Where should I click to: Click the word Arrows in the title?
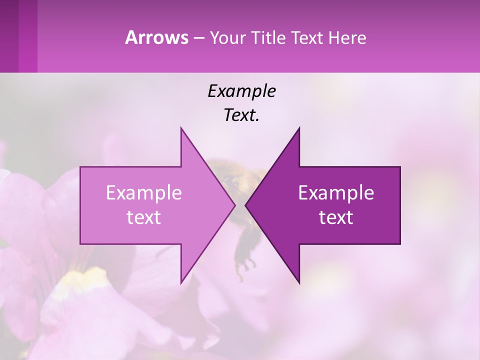coord(156,37)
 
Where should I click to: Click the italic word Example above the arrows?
coord(241,91)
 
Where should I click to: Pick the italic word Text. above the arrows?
coord(241,115)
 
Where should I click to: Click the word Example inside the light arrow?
coord(144,192)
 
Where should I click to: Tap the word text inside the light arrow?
coord(144,217)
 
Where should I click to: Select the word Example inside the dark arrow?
coord(336,192)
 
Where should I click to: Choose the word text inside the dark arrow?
coord(336,217)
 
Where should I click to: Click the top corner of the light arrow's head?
coord(181,128)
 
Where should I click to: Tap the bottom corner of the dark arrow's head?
coord(299,282)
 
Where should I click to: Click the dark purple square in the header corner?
coord(9,36)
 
